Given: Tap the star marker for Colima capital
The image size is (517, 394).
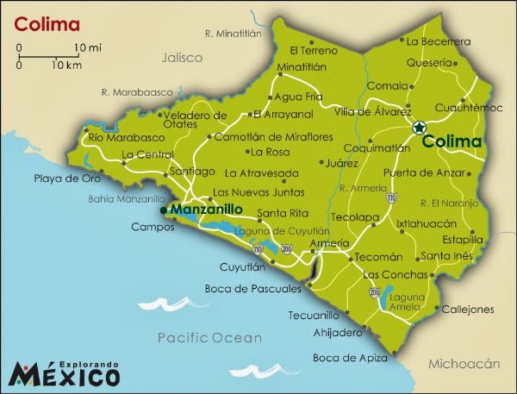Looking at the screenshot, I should [418, 128].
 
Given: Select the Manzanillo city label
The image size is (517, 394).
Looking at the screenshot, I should [207, 209].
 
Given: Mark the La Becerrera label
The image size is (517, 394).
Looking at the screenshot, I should [439, 40].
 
